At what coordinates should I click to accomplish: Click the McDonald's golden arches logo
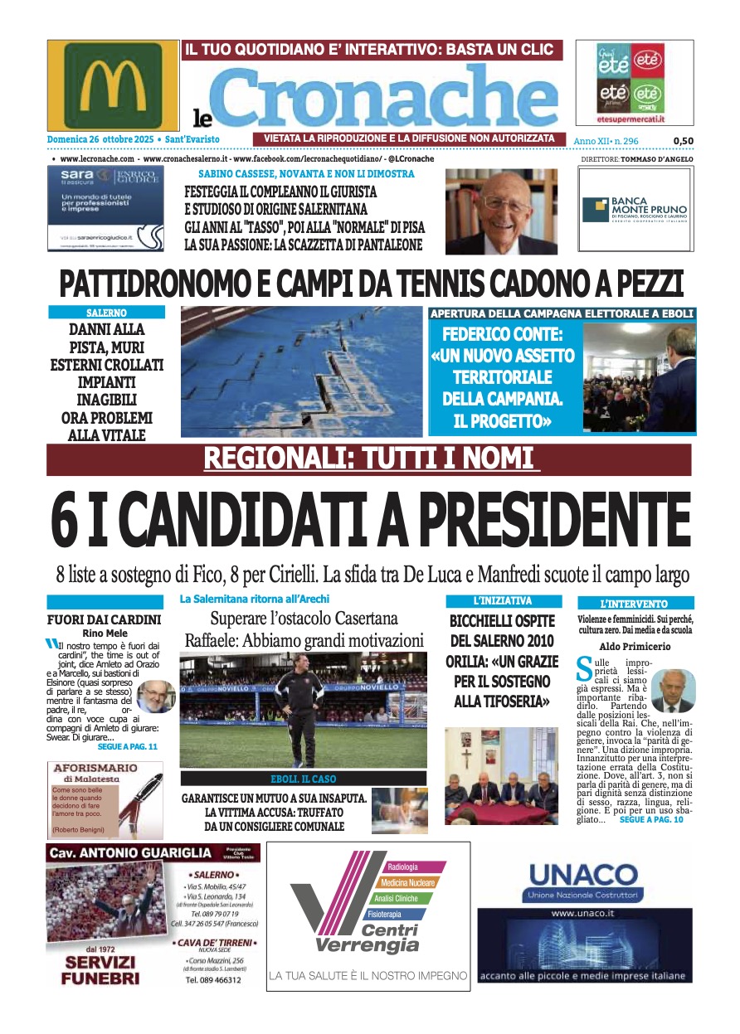(x=114, y=85)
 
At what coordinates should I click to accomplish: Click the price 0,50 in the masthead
(x=684, y=141)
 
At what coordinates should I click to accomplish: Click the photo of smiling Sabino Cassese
(x=501, y=211)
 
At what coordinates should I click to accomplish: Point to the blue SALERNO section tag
(x=106, y=313)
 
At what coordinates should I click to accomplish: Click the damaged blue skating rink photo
(x=301, y=371)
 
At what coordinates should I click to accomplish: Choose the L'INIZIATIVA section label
(x=502, y=600)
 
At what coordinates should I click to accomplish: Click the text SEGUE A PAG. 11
(x=127, y=746)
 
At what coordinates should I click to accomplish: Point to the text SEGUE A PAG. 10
(x=651, y=819)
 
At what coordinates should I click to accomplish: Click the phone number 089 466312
(x=213, y=979)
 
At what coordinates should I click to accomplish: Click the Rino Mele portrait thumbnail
(x=155, y=697)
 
